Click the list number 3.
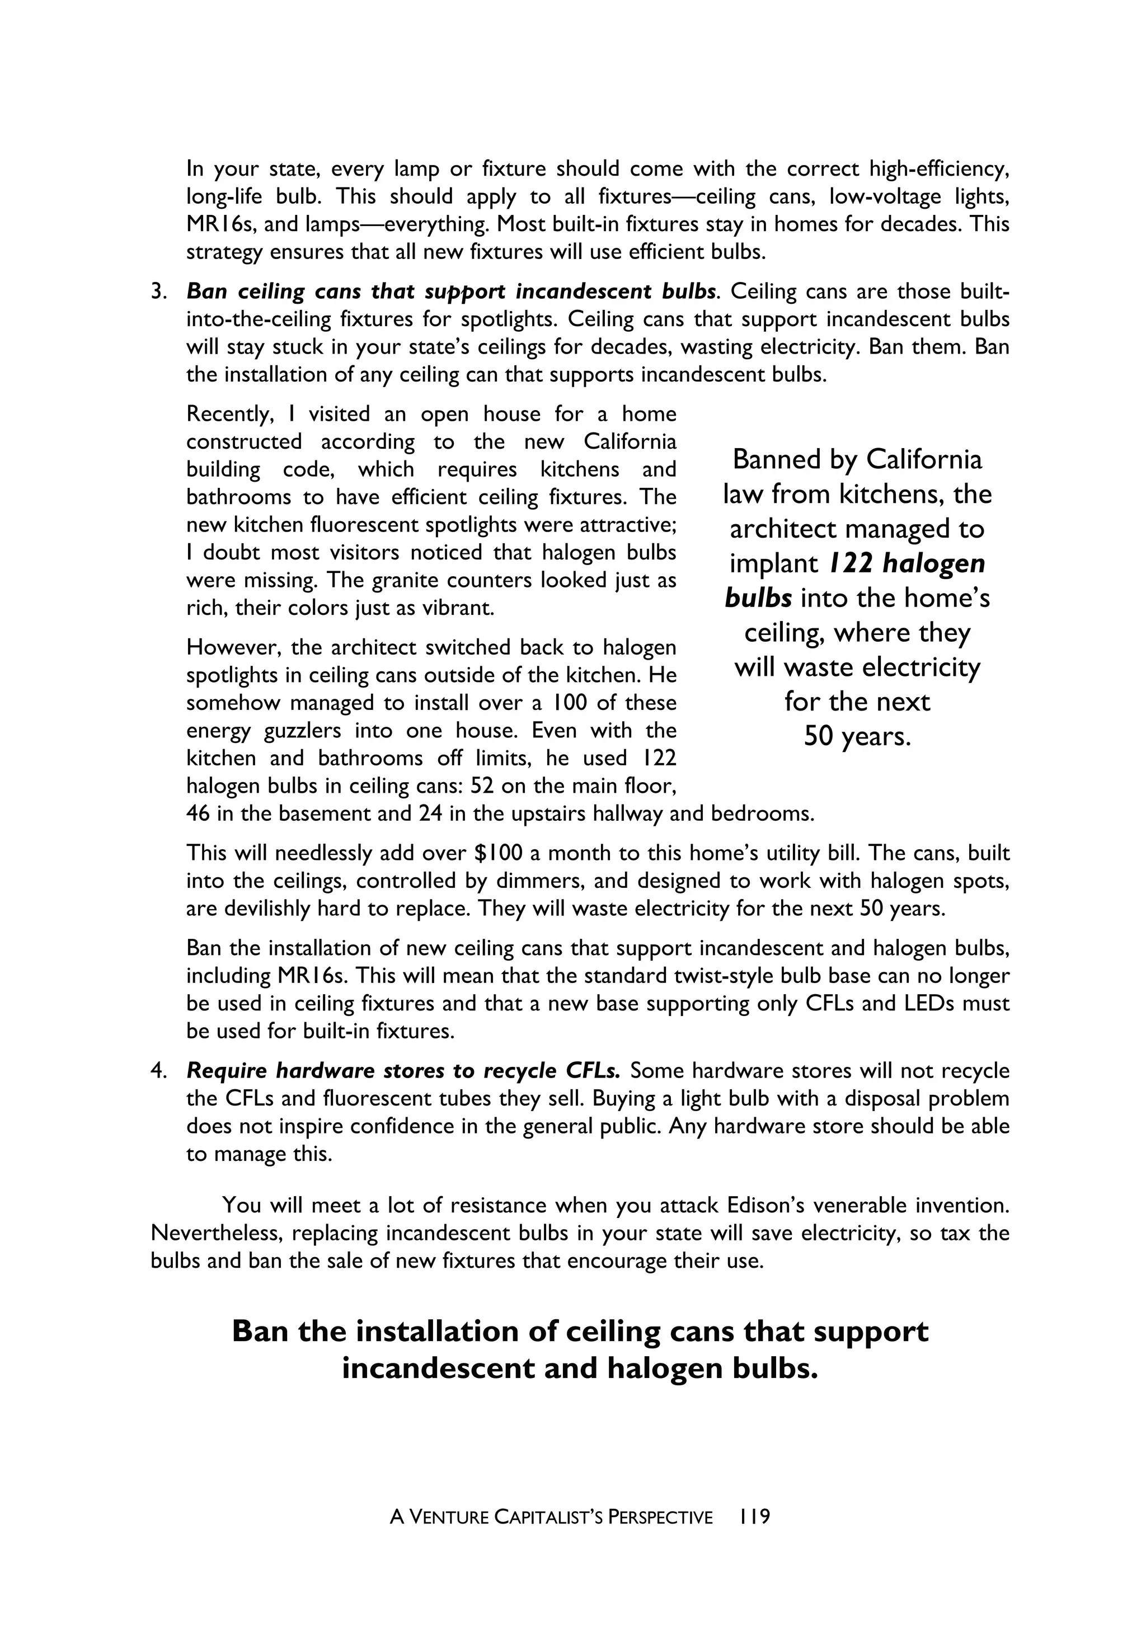[158, 291]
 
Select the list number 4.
[158, 1071]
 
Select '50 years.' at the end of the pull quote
[857, 736]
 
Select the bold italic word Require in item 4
[228, 1071]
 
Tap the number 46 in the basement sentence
[198, 813]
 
